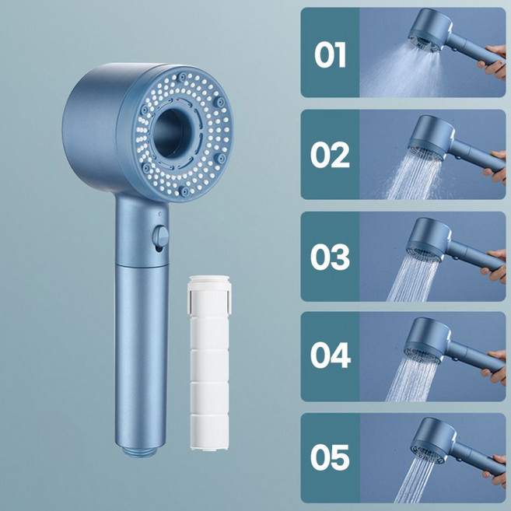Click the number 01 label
point(330,54)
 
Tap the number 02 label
point(330,155)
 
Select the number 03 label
point(330,257)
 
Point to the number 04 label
point(331,355)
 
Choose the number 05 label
point(330,457)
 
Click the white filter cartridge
point(209,362)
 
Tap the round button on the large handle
point(160,237)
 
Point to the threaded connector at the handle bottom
point(139,451)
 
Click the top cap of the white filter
point(209,283)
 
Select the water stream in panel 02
point(414,176)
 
